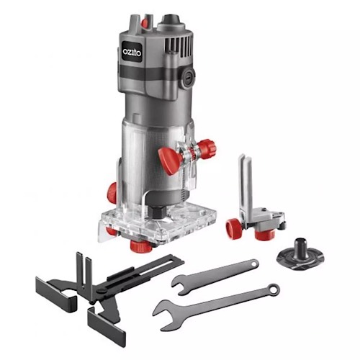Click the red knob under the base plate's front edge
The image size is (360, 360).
click(140, 246)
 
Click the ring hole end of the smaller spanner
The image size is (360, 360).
click(253, 264)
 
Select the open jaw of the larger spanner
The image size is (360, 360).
click(163, 310)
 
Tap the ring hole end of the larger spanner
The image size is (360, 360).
click(272, 289)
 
